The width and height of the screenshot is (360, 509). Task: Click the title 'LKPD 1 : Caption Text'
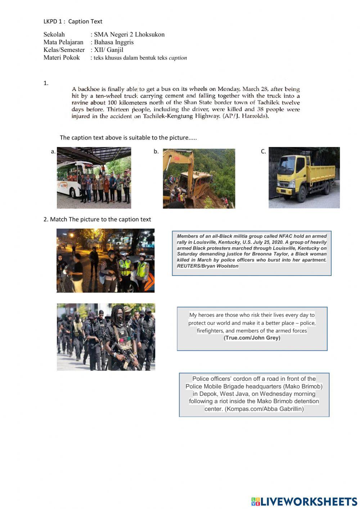(x=73, y=22)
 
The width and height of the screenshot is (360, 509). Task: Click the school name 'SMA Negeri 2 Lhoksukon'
(x=129, y=35)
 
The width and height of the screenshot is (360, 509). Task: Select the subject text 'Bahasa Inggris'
(x=114, y=42)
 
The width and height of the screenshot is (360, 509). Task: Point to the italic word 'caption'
(x=178, y=58)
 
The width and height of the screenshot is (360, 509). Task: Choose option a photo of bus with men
(x=94, y=178)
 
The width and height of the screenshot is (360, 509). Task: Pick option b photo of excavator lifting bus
(x=199, y=179)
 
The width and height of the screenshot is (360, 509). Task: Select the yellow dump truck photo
(x=304, y=178)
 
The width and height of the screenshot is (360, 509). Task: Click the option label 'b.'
(x=156, y=152)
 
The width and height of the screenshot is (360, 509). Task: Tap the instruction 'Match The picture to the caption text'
(x=100, y=219)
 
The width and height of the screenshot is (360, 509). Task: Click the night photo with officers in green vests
(x=105, y=260)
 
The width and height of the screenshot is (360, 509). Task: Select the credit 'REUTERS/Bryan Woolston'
(x=207, y=266)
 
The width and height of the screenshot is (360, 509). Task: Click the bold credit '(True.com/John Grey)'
(x=252, y=338)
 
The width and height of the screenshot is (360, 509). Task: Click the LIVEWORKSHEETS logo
(x=304, y=501)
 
